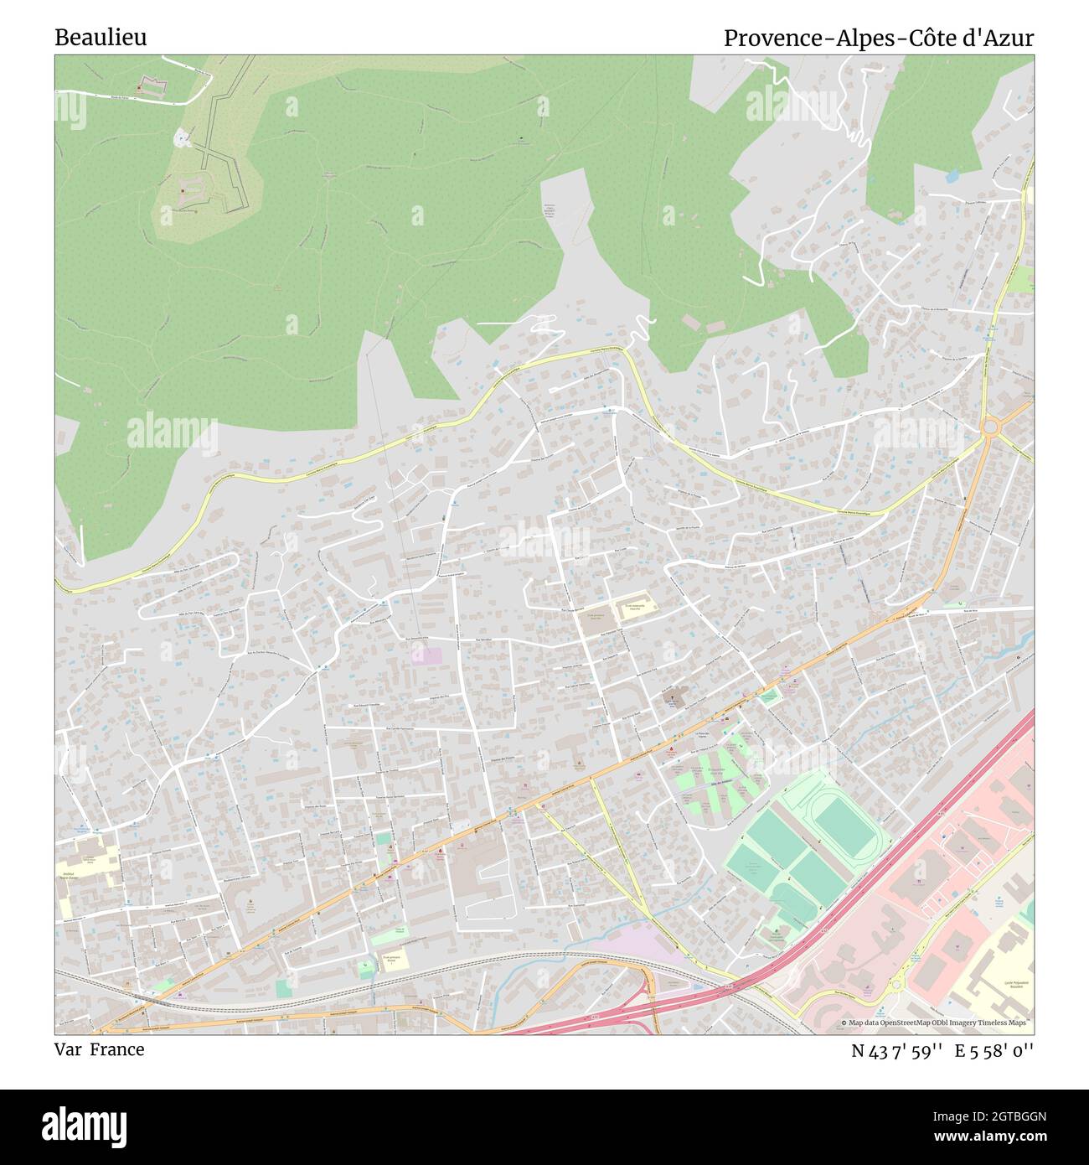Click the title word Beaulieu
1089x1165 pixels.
pyautogui.click(x=101, y=38)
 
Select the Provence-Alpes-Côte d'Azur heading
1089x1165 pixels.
pyautogui.click(x=878, y=38)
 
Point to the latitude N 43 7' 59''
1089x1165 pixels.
pyautogui.click(x=895, y=1050)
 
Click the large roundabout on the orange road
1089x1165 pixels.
pyautogui.click(x=990, y=427)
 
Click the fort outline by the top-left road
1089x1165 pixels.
pyautogui.click(x=152, y=85)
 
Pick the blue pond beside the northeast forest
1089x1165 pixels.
pyautogui.click(x=952, y=176)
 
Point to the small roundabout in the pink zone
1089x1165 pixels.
pyautogui.click(x=895, y=984)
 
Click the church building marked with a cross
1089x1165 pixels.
pyautogui.click(x=675, y=695)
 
